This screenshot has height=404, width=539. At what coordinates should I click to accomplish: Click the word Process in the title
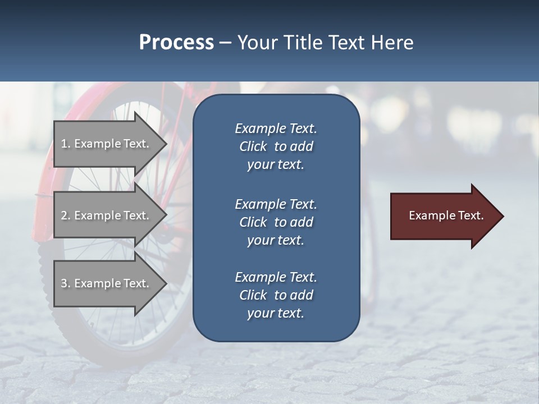coord(176,43)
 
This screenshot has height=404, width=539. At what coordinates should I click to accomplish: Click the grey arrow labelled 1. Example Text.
coord(107,144)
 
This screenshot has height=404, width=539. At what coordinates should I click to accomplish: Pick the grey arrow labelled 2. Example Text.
coord(107,215)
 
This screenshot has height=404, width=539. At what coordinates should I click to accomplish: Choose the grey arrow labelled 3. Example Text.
coord(107,283)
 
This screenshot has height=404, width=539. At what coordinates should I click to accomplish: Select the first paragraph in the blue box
coord(276,146)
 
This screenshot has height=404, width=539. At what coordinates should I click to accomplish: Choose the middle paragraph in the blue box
coord(276,222)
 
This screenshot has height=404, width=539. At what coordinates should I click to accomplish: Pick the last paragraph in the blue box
coord(276,295)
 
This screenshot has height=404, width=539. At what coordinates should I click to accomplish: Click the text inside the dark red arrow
coord(446,215)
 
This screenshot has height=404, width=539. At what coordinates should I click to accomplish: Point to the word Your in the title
coord(257,43)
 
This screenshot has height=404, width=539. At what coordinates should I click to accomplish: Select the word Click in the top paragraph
coord(253,146)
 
